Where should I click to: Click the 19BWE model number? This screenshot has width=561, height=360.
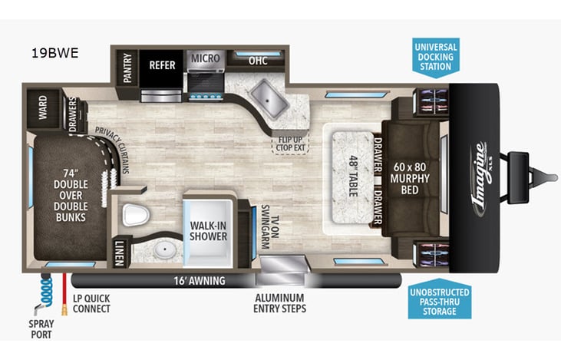[54, 54]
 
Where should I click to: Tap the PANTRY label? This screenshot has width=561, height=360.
[127, 68]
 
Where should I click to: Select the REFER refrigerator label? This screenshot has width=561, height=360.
[163, 66]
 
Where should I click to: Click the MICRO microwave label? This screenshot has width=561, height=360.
[205, 58]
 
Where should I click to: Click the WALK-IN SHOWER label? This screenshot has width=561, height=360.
[209, 231]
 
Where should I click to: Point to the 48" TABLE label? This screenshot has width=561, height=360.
[353, 176]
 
